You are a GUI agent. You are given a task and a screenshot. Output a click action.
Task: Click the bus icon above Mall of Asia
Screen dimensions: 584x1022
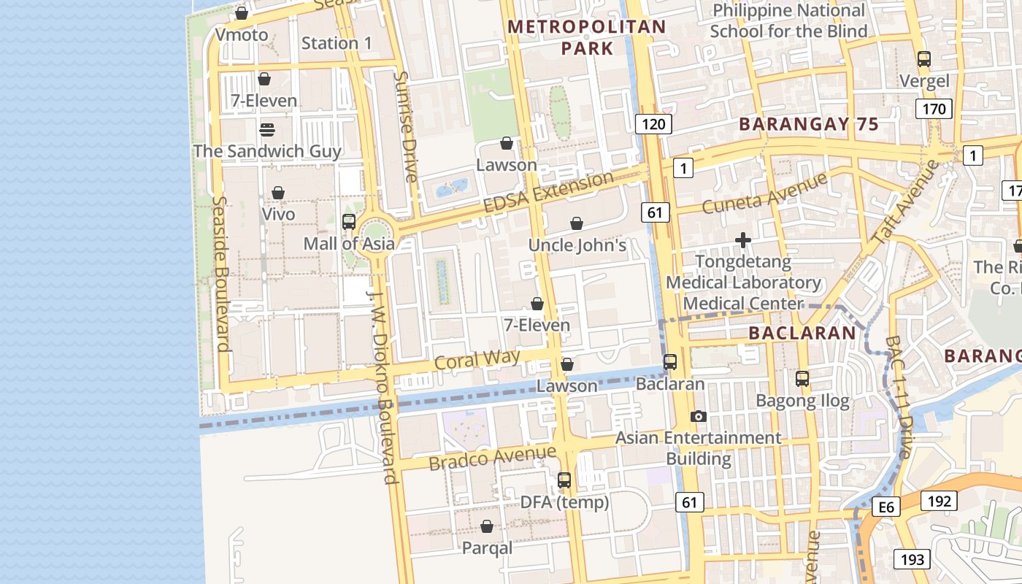coord(349,222)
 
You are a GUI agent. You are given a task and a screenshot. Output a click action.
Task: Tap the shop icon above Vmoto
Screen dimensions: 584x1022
coord(242,13)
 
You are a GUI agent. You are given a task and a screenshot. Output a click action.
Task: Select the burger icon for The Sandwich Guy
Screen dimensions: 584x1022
coord(267,130)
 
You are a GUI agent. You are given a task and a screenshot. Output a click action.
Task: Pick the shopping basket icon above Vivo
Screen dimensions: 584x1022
coord(278,193)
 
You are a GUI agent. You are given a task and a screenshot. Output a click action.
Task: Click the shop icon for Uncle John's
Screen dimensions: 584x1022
coord(577,223)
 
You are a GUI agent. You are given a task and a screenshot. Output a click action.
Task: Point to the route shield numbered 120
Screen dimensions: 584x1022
coord(653,123)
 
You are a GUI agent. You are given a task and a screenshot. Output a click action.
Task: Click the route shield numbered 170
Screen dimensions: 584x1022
coord(934,109)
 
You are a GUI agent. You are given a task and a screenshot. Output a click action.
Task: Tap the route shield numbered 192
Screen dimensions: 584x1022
coord(938,501)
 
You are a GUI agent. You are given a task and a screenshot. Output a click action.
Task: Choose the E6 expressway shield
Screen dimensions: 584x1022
coord(886,507)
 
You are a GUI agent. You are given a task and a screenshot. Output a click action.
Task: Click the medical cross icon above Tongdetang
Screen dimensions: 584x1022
coord(743,240)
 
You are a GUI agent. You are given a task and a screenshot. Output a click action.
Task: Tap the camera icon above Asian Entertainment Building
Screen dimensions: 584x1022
coord(699,416)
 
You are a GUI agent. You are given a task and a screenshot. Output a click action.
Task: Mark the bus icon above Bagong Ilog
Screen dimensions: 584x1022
coord(802,379)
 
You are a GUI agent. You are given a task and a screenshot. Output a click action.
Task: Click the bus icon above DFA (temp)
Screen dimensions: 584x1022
coord(564,480)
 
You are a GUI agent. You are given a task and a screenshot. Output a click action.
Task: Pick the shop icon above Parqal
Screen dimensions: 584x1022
coord(487,526)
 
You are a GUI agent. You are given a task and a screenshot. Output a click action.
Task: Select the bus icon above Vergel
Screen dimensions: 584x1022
coord(924,59)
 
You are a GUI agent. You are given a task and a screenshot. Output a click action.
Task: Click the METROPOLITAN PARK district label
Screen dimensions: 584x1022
coord(587,37)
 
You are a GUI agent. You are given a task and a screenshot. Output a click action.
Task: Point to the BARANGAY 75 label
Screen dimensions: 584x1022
coord(809,124)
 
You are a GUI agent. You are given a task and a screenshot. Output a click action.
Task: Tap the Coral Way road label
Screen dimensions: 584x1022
coord(477,359)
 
